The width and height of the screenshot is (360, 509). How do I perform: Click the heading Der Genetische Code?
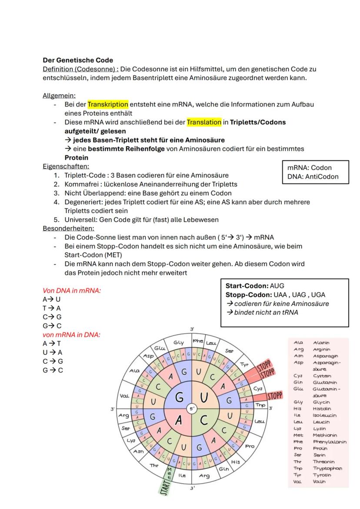tap(77, 60)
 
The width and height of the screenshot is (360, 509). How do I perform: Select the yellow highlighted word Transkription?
tap(108, 104)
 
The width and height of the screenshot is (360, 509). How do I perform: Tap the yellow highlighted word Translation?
tap(204, 122)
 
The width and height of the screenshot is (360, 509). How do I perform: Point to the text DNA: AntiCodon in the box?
tap(313, 176)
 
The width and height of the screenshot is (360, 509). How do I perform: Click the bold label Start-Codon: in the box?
tap(247, 286)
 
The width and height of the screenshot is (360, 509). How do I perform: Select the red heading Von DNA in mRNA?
tap(72, 290)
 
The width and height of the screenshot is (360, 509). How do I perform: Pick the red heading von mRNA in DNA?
tap(71, 335)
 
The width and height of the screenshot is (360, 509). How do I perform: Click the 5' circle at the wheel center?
tap(191, 409)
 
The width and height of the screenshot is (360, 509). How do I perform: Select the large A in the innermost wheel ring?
tap(179, 421)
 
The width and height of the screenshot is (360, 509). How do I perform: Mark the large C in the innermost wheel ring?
tap(203, 421)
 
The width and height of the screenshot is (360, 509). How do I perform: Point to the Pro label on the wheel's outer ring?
tap(250, 446)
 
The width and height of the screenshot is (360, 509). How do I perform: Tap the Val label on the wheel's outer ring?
tap(123, 396)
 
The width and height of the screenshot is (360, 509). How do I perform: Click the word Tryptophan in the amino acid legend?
tap(327, 468)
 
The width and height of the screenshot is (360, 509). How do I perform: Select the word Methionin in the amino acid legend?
tap(325, 435)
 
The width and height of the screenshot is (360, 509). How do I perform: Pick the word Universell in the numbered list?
tap(81, 220)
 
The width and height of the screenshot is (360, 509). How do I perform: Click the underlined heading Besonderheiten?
tap(68, 228)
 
